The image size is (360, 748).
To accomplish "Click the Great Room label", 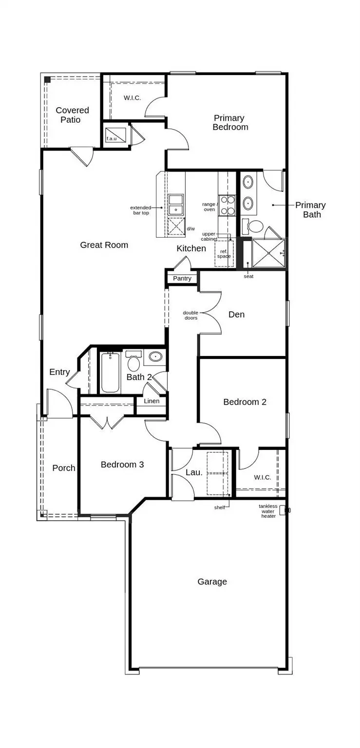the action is (x=104, y=245).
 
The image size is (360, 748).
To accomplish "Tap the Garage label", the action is (x=212, y=582).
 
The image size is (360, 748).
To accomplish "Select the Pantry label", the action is (x=182, y=278).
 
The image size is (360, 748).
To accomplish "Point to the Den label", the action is (x=236, y=314).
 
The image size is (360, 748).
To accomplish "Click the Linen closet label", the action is (x=152, y=401).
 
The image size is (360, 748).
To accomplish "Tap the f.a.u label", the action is (x=112, y=138).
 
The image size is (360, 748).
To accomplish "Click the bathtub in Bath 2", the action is (x=110, y=373).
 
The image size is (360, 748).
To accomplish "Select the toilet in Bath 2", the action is (x=133, y=361).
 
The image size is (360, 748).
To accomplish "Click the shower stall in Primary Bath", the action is (x=268, y=253).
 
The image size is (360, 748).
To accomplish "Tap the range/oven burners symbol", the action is (x=227, y=205).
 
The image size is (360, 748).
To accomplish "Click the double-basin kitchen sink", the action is (x=176, y=205).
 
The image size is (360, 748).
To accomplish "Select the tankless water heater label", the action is (x=268, y=511).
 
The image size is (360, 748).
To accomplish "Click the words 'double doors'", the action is (x=190, y=315).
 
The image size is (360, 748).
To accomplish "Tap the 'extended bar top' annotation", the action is (x=141, y=210).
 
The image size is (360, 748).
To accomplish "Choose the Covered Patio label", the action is (x=72, y=115).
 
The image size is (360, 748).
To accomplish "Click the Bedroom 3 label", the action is (x=122, y=465).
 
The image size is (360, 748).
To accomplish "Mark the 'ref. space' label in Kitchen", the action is (x=224, y=254).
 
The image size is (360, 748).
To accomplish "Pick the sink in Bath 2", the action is (x=155, y=356).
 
